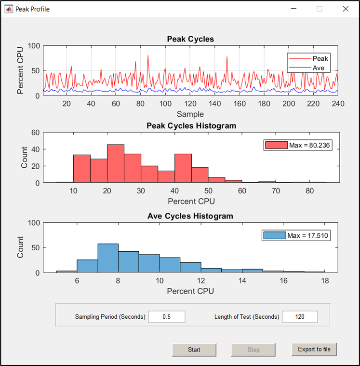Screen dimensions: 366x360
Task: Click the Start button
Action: coord(194,350)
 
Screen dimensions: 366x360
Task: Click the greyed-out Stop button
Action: coord(253,350)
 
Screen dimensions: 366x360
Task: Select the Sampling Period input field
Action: coord(167,317)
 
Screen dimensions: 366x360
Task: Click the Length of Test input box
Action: coord(300,317)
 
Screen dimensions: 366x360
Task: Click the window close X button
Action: coord(345,9)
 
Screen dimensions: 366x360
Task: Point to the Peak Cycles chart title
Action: coord(190,39)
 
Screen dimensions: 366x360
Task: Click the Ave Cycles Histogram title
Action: coord(190,216)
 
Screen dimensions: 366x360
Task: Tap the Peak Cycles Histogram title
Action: coord(191,126)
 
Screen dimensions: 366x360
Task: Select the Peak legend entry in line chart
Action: coord(320,59)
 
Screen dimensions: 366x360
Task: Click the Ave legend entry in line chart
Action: coord(319,68)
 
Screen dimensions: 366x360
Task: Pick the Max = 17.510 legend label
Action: coord(308,235)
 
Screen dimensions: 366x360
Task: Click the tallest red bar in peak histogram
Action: coord(115,163)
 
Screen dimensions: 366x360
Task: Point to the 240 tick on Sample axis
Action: coord(338,104)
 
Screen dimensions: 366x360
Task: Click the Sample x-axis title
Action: coord(190,114)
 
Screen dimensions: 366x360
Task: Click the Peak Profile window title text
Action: coord(32,9)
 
